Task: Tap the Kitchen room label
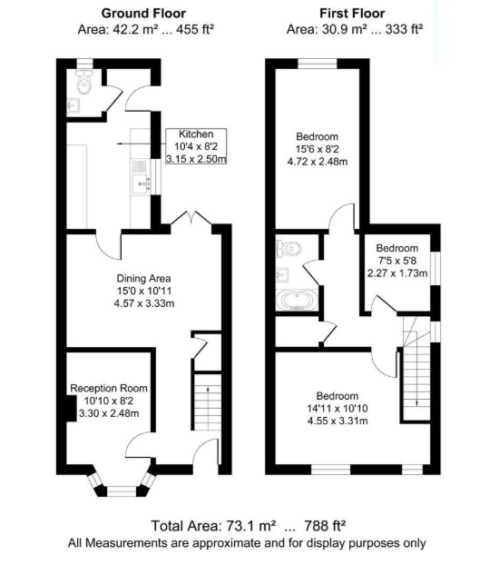point(196,134)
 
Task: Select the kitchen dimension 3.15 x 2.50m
point(196,159)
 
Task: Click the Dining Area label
point(143,277)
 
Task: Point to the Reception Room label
point(109,389)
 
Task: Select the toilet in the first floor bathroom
point(289,248)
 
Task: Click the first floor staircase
point(416,363)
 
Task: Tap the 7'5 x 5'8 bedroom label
point(397,260)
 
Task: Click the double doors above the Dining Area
point(192,219)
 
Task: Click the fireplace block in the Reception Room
point(70,410)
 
